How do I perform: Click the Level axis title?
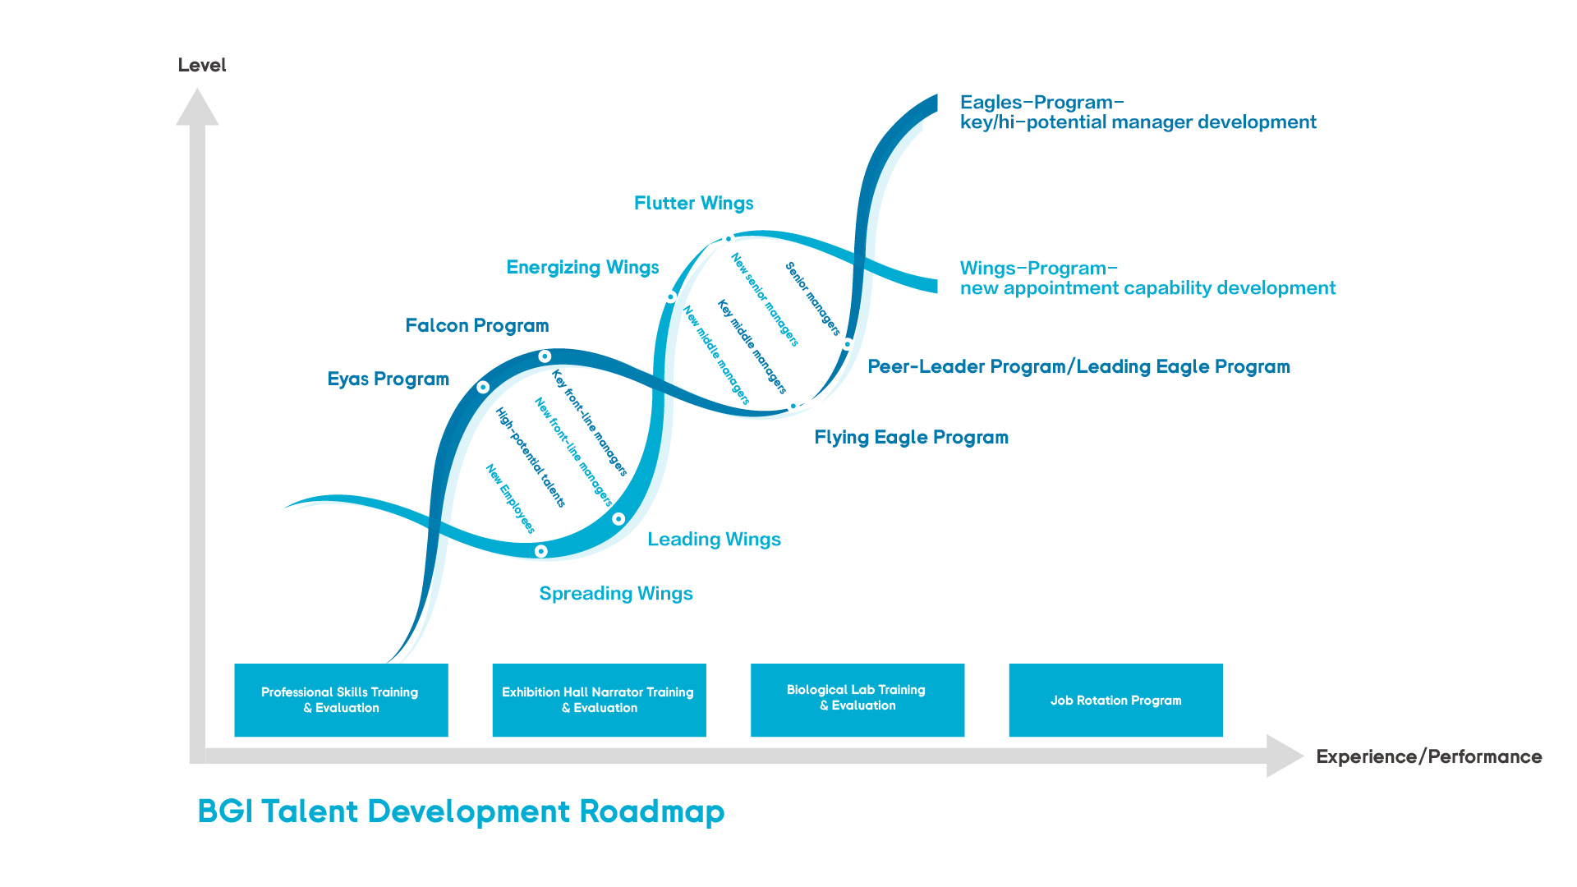(x=201, y=66)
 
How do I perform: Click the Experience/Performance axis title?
(x=1428, y=756)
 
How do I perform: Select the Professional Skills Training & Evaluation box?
(x=341, y=700)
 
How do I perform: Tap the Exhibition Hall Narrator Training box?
(x=599, y=700)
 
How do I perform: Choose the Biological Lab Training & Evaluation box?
(x=857, y=699)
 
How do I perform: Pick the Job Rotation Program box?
(x=1115, y=700)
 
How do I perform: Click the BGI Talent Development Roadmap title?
(x=461, y=811)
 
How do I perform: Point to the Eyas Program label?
(x=388, y=379)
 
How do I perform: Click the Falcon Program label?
(x=476, y=325)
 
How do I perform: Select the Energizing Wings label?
(x=582, y=267)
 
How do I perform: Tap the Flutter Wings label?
(x=693, y=203)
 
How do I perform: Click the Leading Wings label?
(x=714, y=539)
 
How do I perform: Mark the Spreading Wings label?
(x=615, y=593)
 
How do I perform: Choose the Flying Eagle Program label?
(x=911, y=437)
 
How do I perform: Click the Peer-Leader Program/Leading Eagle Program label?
(x=1078, y=366)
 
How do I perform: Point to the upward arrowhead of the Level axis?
(x=197, y=108)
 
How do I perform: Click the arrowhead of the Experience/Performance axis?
(x=1284, y=756)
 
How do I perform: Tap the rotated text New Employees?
(x=510, y=499)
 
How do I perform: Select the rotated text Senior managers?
(x=812, y=299)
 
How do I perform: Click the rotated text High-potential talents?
(x=530, y=457)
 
